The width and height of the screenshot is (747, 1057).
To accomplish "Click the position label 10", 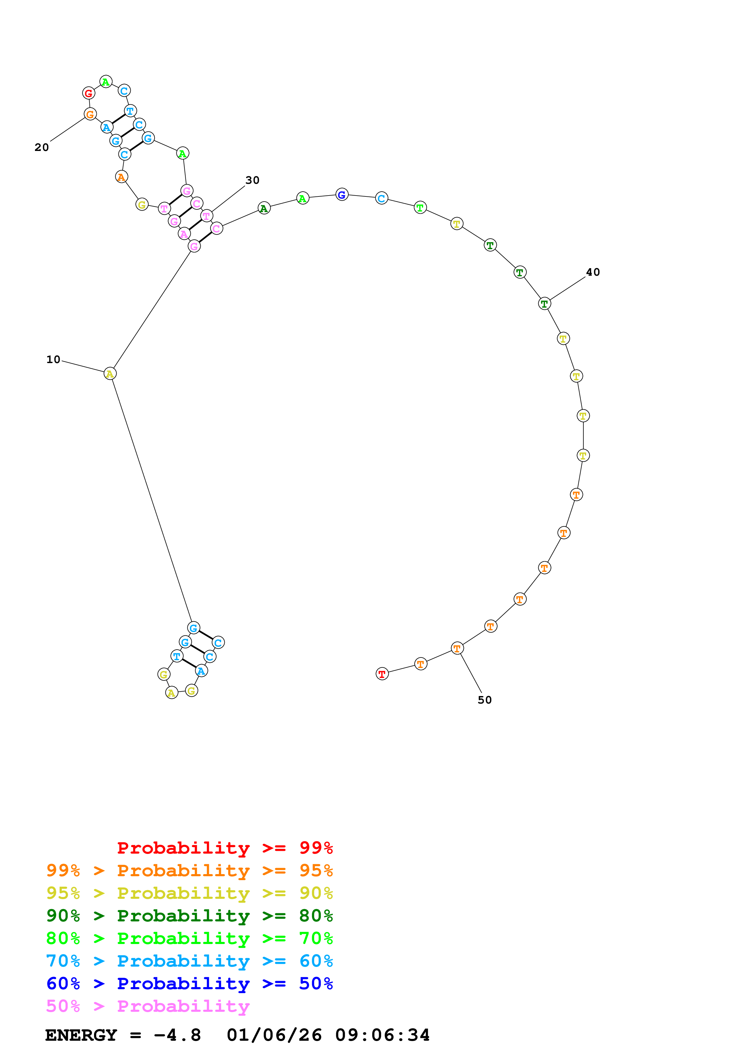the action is [53, 359].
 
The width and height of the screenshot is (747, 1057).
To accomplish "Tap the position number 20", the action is [41, 147].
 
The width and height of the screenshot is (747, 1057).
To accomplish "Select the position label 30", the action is [252, 180].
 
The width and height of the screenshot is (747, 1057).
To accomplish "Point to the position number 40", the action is [593, 272].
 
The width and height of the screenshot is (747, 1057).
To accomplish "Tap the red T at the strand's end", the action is [382, 674].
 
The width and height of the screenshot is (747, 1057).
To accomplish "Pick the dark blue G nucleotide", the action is [341, 195].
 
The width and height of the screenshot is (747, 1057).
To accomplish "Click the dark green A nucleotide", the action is [264, 208].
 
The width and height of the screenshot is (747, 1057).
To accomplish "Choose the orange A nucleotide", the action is [121, 177].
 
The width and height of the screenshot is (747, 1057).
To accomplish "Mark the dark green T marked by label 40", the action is [545, 304].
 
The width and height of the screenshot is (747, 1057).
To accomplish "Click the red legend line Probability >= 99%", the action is [224, 848].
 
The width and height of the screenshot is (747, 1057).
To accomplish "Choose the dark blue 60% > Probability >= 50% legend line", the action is [189, 983].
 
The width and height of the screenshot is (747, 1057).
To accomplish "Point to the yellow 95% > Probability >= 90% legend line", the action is [189, 893].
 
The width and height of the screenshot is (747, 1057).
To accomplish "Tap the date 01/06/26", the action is [274, 1035].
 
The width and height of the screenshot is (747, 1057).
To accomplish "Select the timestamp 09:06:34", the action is [382, 1035].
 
